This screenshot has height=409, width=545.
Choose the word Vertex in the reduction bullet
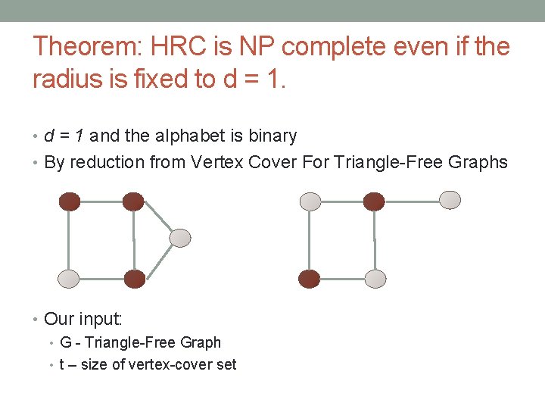coord(215,162)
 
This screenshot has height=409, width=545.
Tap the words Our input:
coord(83,319)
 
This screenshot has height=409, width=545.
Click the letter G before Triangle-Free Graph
coord(64,342)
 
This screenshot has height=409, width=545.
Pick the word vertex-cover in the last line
coord(172,365)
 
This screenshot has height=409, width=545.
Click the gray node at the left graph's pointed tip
coord(179,238)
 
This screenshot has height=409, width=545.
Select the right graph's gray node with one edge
coord(450,200)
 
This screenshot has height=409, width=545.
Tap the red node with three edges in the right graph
coord(373,201)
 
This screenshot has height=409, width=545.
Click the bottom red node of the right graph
coord(309,279)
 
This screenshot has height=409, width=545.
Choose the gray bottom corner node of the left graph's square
coord(69,279)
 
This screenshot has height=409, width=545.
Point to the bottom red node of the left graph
coord(134,279)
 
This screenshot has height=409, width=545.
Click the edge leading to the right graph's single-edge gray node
coord(412,201)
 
